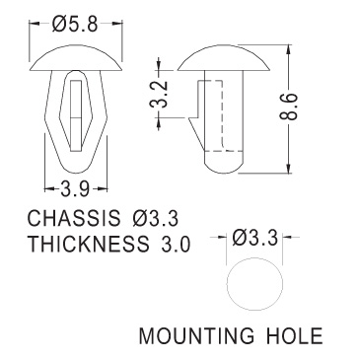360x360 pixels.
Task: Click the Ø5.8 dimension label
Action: coord(75,24)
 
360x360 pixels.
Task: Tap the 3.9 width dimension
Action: coord(75,188)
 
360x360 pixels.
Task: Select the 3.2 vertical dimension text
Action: coord(159,94)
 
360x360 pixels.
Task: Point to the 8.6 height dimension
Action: coord(288,107)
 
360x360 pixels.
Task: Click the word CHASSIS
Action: coord(74,218)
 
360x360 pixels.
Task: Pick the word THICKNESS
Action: coord(88,245)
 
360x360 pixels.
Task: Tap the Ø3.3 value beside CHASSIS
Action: coord(156,218)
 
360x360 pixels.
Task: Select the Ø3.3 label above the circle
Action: coord(254,238)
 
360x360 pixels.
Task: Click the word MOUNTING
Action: coord(196,336)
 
